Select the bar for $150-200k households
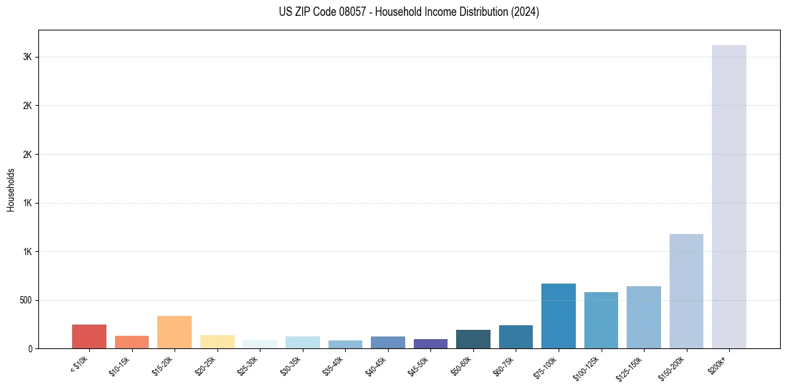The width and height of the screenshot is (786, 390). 686,291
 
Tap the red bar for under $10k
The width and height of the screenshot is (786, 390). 89,336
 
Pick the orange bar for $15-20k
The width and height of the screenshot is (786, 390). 175,332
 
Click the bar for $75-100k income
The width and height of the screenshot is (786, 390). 559,316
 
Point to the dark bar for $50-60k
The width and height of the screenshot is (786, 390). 473,339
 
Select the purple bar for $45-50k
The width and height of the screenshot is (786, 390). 430,344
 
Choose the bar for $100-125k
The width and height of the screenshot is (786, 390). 601,320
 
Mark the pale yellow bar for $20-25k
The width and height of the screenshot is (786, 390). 217,342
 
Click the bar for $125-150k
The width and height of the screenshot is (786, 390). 644,317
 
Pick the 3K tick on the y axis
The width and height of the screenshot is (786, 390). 28,57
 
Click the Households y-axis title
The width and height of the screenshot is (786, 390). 11,190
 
